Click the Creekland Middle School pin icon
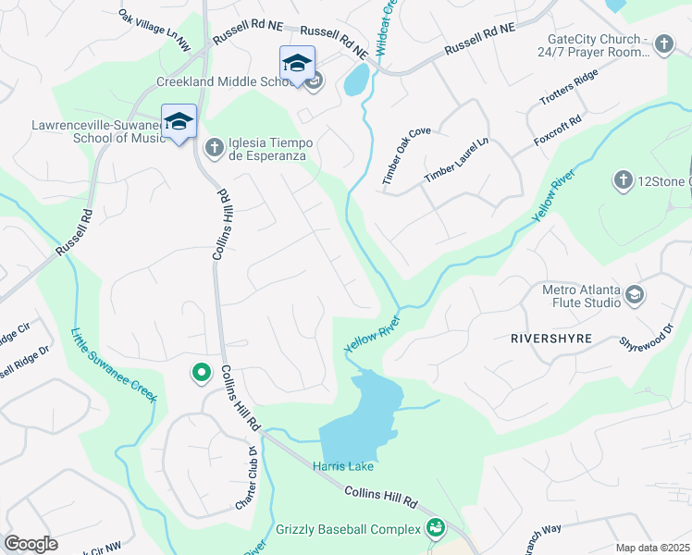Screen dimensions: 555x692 point(297,63)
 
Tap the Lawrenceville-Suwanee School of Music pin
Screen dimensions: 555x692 point(179,121)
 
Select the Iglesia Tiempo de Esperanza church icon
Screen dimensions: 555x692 point(214,146)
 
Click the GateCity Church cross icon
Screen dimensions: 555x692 point(662,43)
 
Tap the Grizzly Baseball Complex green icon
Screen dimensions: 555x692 point(435,529)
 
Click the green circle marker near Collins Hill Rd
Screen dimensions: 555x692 point(200,373)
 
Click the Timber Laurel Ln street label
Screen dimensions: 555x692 point(455,159)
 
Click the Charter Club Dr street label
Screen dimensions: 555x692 point(245,479)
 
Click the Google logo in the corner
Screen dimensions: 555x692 point(31,544)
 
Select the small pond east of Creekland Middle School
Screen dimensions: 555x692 point(355,81)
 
